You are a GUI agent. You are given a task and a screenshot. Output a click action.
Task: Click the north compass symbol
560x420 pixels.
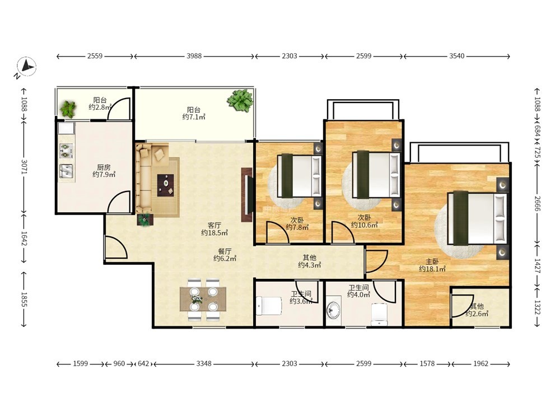pyautogui.click(x=26, y=67)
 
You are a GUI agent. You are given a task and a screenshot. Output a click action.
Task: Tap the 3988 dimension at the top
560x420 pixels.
pyautogui.click(x=194, y=55)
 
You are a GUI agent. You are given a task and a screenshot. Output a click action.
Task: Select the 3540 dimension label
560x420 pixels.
pyautogui.click(x=457, y=55)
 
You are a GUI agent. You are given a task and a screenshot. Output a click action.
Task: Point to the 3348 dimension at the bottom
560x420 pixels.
pyautogui.click(x=204, y=363)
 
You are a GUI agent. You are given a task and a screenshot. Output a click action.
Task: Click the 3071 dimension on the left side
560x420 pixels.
pyautogui.click(x=24, y=166)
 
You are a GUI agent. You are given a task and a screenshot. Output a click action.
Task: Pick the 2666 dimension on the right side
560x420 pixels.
pyautogui.click(x=538, y=203)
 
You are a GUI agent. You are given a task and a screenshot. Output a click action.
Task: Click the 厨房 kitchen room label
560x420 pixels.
pyautogui.click(x=104, y=167)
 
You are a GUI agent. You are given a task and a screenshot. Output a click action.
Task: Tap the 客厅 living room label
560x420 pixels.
pyautogui.click(x=214, y=225)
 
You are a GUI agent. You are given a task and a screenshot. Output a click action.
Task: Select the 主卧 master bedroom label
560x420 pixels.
pyautogui.click(x=432, y=262)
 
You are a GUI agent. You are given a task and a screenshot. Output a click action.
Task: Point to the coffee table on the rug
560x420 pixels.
pyautogui.click(x=166, y=185)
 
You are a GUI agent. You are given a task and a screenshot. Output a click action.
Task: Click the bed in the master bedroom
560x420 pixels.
pyautogui.click(x=478, y=218)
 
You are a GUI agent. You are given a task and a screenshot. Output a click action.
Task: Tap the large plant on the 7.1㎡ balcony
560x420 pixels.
pyautogui.click(x=240, y=100)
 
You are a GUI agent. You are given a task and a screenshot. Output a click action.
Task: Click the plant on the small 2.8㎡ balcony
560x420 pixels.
pyautogui.click(x=68, y=109)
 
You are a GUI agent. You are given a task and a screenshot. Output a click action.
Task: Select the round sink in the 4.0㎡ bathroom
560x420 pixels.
pyautogui.click(x=334, y=310)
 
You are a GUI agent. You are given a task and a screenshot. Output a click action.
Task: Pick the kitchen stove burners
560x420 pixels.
pyautogui.click(x=66, y=151)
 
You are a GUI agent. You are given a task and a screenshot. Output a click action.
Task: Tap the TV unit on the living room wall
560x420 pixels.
pyautogui.click(x=247, y=195)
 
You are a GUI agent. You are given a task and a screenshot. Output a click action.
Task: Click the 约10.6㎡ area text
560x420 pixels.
pyautogui.click(x=364, y=225)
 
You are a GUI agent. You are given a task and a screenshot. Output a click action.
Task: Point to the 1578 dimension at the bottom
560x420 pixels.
pyautogui.click(x=427, y=363)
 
